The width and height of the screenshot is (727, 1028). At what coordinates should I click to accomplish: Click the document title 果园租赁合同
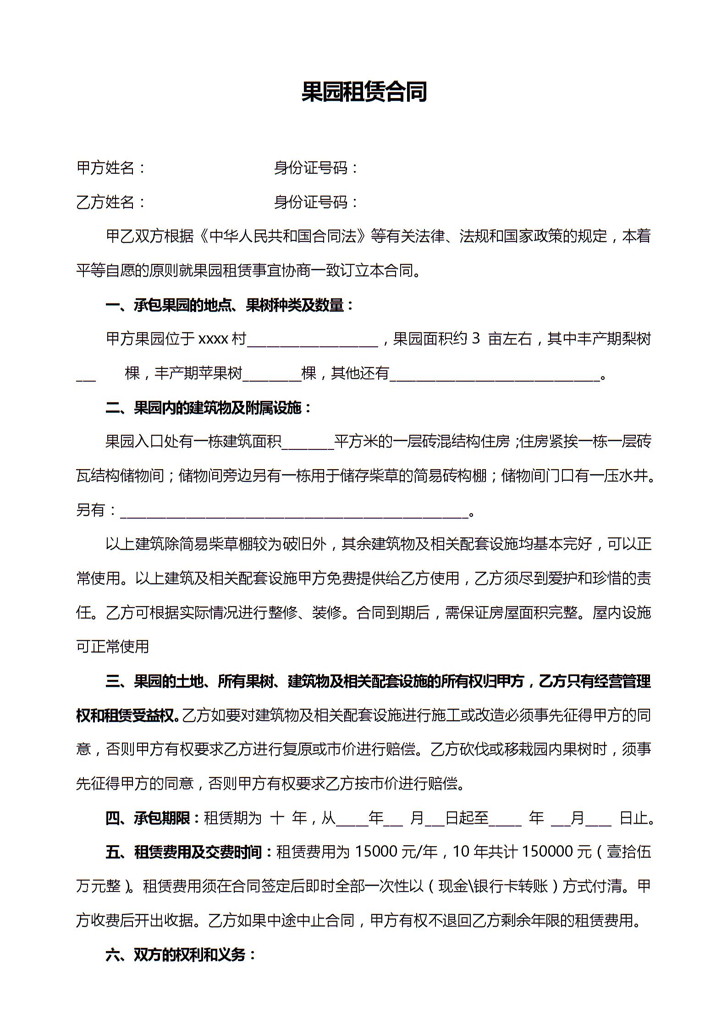(x=363, y=92)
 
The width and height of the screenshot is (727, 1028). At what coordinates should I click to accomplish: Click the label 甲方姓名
(x=106, y=168)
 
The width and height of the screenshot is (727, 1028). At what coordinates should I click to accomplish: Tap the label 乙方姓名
(x=106, y=202)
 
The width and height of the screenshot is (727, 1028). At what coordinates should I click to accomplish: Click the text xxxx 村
(x=222, y=339)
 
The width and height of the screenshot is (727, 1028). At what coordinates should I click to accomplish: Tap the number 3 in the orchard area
(x=475, y=339)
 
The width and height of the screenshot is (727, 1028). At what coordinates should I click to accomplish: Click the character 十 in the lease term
(x=277, y=818)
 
